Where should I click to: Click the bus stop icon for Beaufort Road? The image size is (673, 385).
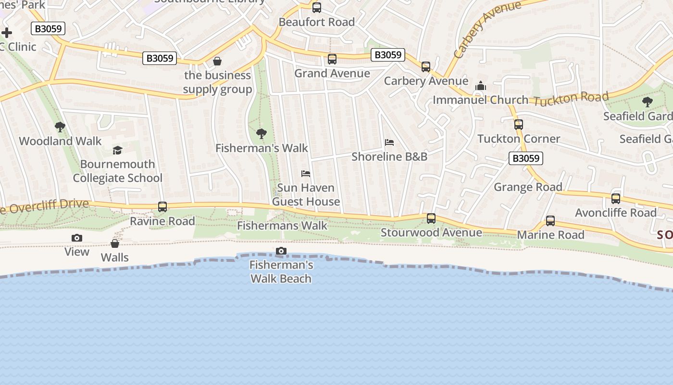pyautogui.click(x=317, y=8)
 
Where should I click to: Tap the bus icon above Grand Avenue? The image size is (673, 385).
pyautogui.click(x=332, y=59)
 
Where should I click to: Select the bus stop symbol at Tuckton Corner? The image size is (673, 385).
pyautogui.click(x=519, y=125)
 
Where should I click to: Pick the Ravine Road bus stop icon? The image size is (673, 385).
pyautogui.click(x=162, y=207)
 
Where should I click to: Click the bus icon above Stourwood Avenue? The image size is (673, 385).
pyautogui.click(x=431, y=218)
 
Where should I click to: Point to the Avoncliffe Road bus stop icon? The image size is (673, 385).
pyautogui.click(x=616, y=199)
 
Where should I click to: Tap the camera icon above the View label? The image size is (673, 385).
pyautogui.click(x=77, y=238)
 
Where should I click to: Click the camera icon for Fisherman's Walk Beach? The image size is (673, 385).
pyautogui.click(x=281, y=251)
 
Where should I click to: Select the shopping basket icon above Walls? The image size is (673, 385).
pyautogui.click(x=115, y=244)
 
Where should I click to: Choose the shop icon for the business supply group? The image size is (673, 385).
pyautogui.click(x=217, y=61)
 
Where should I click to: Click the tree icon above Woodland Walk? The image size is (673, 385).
pyautogui.click(x=60, y=127)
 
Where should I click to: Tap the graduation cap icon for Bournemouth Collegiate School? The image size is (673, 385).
pyautogui.click(x=118, y=151)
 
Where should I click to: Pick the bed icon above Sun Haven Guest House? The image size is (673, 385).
pyautogui.click(x=306, y=173)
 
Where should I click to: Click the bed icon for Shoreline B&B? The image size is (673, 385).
pyautogui.click(x=389, y=142)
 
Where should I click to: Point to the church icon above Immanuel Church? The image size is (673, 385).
pyautogui.click(x=480, y=86)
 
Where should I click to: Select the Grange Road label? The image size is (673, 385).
pyautogui.click(x=528, y=187)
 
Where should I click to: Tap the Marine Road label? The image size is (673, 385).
pyautogui.click(x=550, y=235)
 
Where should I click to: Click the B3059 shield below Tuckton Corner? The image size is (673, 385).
pyautogui.click(x=526, y=158)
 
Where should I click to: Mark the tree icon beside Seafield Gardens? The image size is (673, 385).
pyautogui.click(x=648, y=102)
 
